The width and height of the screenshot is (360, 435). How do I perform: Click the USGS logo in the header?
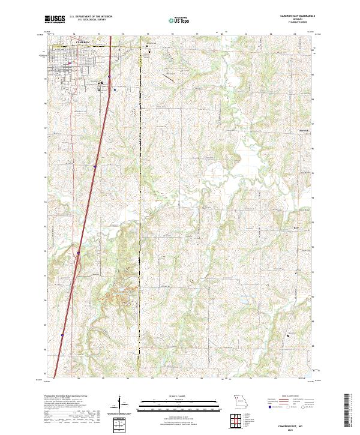tap(55, 19)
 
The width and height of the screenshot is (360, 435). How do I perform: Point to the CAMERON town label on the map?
tap(83, 41)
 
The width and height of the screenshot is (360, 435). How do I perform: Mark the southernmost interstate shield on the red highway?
tap(62, 335)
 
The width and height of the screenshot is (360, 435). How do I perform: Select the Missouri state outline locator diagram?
tap(239, 401)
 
